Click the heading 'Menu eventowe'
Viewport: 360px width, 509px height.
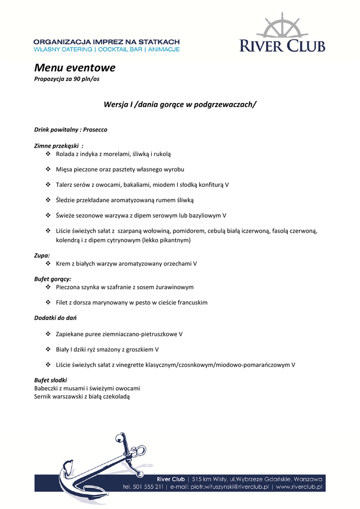75,68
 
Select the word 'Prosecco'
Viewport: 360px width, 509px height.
95,130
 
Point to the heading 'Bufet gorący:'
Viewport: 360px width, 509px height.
53,279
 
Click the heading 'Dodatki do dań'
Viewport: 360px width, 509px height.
55,318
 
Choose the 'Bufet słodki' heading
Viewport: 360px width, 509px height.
50,380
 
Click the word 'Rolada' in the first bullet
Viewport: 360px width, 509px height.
66,154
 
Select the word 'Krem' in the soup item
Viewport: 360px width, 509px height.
63,263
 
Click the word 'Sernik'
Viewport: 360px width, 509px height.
43,396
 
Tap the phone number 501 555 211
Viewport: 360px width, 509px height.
149,487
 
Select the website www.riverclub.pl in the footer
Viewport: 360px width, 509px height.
299,487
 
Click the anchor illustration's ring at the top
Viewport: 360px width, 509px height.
120,438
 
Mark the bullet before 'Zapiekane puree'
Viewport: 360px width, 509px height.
48,334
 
